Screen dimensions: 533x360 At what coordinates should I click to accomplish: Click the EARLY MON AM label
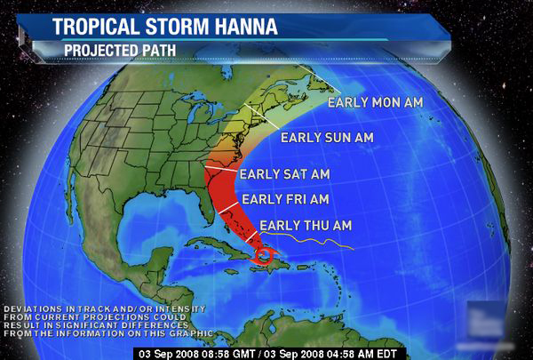[374, 101]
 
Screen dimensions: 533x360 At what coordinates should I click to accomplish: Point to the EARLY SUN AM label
[326, 138]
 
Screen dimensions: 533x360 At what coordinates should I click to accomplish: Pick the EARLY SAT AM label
[284, 173]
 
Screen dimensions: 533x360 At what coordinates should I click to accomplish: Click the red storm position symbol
[264, 255]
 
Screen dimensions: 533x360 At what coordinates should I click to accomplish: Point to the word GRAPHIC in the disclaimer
[184, 332]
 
